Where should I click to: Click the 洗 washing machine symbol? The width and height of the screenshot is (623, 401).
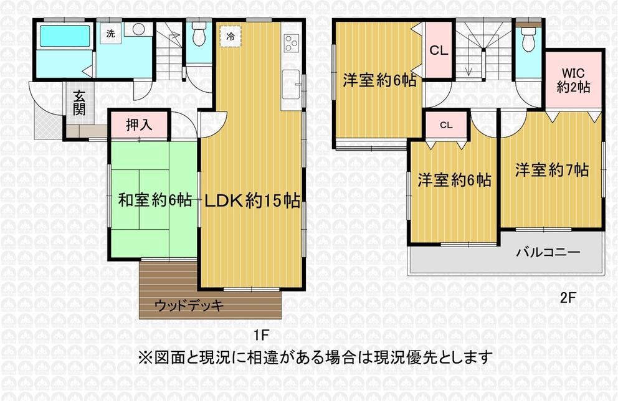click(x=110, y=34)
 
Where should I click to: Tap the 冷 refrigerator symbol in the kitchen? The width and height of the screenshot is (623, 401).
click(x=231, y=37)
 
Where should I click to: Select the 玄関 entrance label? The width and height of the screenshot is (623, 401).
click(x=78, y=103)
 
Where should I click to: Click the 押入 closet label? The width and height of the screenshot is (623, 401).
click(x=139, y=125)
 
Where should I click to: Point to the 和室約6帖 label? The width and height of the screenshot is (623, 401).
click(x=155, y=200)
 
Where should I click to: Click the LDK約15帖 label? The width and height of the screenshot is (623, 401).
click(x=252, y=200)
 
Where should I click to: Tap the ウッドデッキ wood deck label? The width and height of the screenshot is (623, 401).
click(x=189, y=305)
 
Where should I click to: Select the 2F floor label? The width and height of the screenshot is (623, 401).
click(x=568, y=298)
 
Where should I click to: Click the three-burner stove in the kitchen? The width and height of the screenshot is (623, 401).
click(x=291, y=43)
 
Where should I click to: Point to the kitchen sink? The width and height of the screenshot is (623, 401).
click(x=291, y=84)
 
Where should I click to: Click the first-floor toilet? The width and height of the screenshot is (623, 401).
click(x=198, y=34)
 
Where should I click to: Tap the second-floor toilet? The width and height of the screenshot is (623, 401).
click(x=528, y=39)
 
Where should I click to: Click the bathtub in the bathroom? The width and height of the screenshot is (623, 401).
click(x=65, y=37)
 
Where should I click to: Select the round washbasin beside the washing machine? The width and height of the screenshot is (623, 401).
click(x=139, y=29)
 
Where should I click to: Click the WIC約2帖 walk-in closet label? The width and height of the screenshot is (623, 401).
click(x=573, y=80)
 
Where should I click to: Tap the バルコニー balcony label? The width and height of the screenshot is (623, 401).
click(x=548, y=252)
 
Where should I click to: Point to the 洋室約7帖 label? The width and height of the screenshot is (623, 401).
click(x=552, y=170)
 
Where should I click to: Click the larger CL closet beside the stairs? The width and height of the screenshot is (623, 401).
click(x=439, y=50)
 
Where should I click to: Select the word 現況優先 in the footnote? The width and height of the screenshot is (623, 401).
click(x=427, y=357)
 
